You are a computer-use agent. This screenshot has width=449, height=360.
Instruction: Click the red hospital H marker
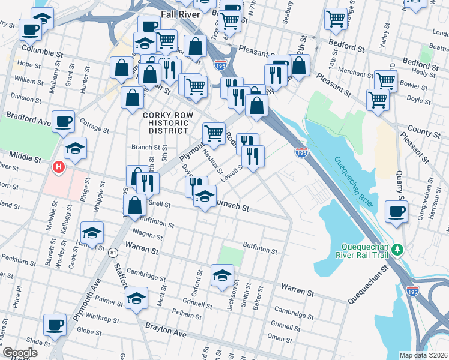click(59, 167)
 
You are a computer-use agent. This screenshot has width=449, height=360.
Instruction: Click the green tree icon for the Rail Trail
click(396, 248)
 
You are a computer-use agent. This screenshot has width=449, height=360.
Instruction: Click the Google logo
click(19, 353)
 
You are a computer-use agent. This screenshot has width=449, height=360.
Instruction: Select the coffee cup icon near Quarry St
click(397, 211)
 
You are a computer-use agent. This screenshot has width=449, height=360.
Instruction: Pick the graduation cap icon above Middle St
click(76, 148)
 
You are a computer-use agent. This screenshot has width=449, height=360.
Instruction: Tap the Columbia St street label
click(42, 48)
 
